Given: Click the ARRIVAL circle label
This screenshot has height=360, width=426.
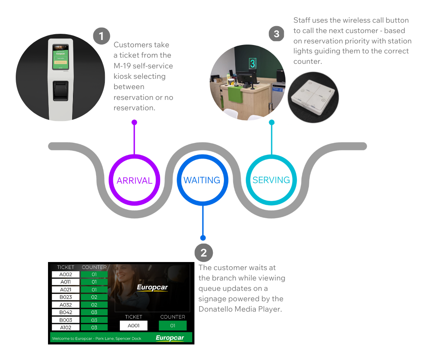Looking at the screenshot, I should tap(134, 181).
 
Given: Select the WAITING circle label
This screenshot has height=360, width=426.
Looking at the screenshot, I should tap(202, 180).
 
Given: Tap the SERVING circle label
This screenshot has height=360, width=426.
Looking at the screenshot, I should tap(271, 180).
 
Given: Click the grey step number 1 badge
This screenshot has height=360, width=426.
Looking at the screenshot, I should tap(101, 36).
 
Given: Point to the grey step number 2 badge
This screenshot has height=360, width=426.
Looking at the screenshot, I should tap(204, 252).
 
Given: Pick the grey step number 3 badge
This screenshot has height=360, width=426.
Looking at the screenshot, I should tap(277, 34).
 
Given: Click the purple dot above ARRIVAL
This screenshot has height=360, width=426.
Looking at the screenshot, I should tap(134, 123).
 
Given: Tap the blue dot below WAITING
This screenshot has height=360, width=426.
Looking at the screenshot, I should tap(203, 238).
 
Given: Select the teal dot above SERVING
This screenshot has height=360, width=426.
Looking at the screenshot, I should tap(272, 123).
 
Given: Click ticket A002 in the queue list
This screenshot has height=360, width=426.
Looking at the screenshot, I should tap(66, 274).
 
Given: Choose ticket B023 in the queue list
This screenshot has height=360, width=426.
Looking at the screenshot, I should tap(66, 297).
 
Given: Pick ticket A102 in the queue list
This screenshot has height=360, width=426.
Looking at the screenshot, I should tap(66, 328).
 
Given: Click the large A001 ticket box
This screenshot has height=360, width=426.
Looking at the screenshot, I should tap(133, 326).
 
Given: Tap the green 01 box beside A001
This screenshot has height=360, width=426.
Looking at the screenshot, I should tap(172, 326).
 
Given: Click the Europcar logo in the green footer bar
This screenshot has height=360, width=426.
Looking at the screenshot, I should tap(170, 338).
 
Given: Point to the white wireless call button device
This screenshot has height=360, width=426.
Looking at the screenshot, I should tap(313, 97).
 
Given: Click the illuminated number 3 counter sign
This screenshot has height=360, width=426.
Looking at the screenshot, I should tap(252, 63).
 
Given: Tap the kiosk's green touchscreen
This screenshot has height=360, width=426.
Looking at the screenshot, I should tap(60, 56).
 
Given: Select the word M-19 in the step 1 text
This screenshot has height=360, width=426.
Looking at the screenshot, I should tap(124, 66).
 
